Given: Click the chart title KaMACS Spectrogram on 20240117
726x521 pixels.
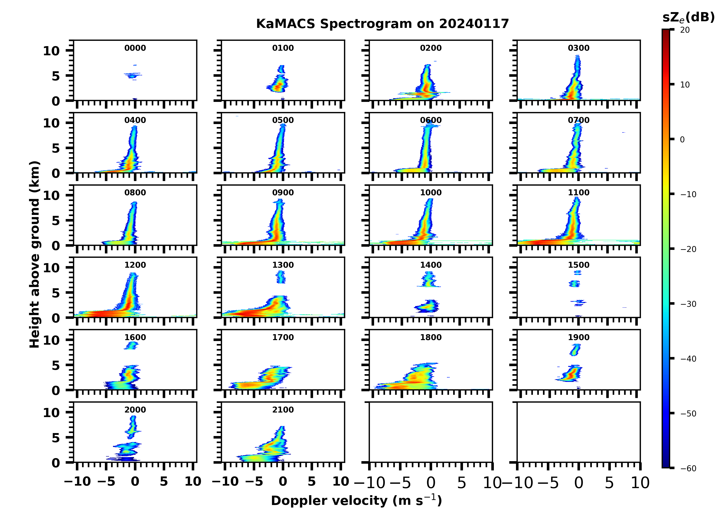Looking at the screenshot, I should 382,24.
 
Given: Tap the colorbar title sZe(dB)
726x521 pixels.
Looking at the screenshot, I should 688,18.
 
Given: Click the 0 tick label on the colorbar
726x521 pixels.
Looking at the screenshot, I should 682,140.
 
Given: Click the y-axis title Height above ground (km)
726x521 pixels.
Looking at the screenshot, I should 35,254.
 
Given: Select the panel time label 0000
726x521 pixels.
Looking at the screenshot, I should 135,48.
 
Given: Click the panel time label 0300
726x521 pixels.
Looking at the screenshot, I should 578,48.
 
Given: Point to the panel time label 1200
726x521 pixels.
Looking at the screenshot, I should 135,265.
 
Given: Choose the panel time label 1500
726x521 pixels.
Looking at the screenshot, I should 578,265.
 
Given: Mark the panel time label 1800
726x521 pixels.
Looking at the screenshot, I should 431,337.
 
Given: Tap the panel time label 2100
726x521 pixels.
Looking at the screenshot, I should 283,410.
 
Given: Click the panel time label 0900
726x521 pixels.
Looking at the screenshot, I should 283,193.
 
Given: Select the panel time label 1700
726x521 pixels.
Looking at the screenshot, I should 283,337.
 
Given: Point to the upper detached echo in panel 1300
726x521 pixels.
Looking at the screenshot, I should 281,277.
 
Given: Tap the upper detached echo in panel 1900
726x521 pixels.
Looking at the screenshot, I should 575,350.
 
